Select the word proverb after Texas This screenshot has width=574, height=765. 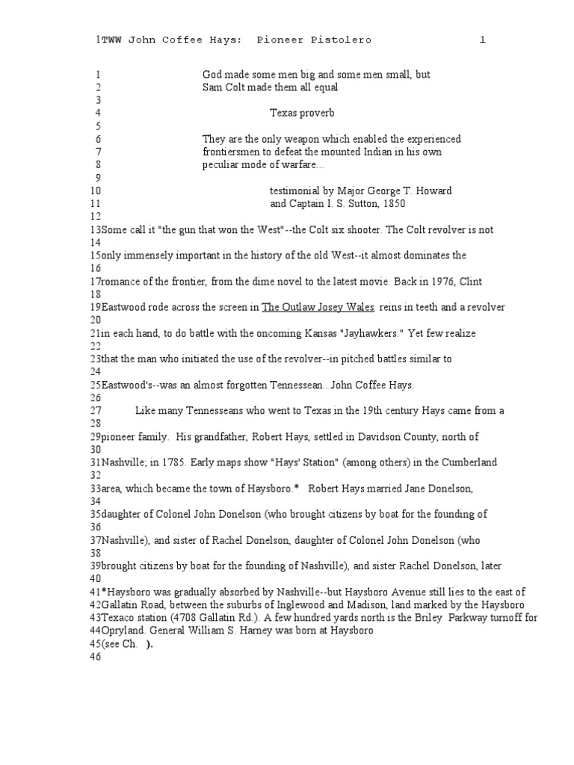coord(317,113)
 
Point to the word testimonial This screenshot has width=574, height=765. coord(295,191)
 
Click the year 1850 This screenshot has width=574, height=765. coord(392,203)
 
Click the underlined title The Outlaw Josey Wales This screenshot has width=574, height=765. coord(318,307)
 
